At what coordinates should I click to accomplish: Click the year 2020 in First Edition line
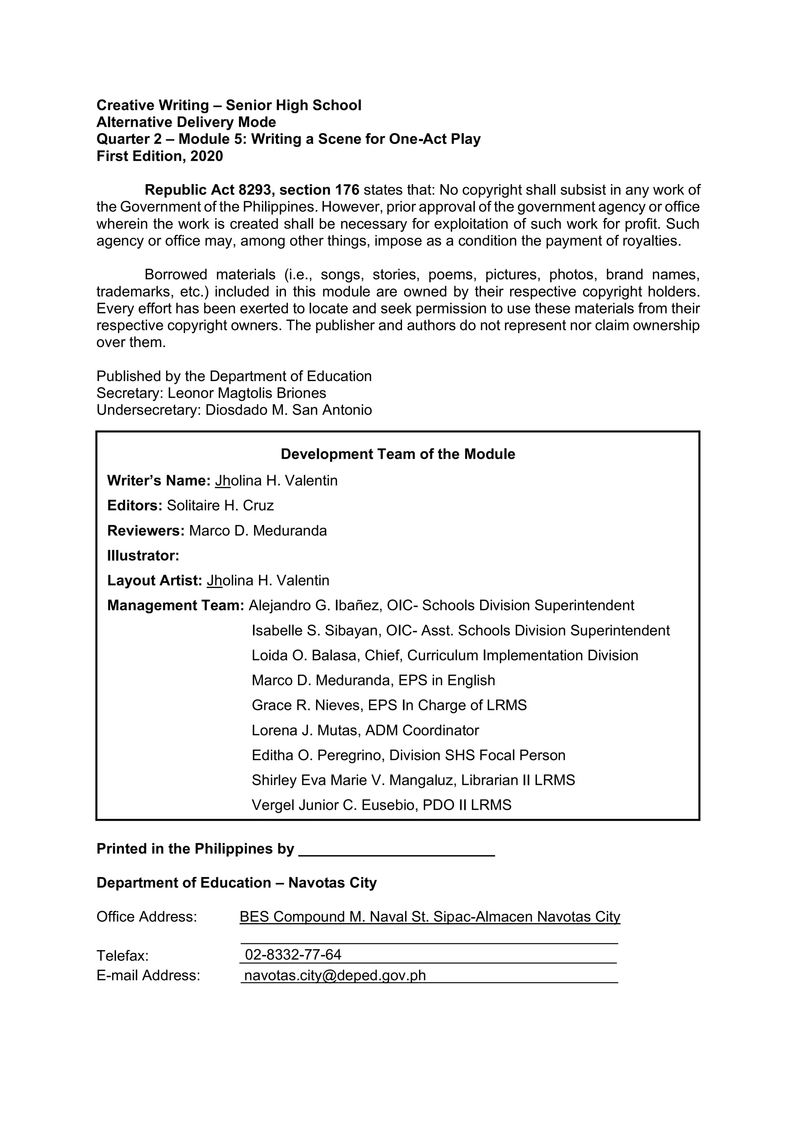pyautogui.click(x=206, y=156)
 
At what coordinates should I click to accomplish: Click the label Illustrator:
pyautogui.click(x=143, y=556)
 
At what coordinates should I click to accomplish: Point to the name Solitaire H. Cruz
pyautogui.click(x=220, y=506)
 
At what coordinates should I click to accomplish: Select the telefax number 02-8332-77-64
pyautogui.click(x=293, y=955)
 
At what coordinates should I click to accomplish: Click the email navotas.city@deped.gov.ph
pyautogui.click(x=335, y=975)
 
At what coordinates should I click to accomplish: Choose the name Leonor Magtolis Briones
pyautogui.click(x=246, y=393)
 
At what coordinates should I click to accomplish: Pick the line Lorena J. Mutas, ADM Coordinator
pyautogui.click(x=365, y=730)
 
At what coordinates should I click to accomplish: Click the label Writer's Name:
pyautogui.click(x=158, y=481)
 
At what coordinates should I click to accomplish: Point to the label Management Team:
pyautogui.click(x=175, y=606)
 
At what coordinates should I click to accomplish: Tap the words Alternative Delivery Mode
pyautogui.click(x=186, y=122)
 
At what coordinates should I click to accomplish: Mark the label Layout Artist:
pyautogui.click(x=154, y=581)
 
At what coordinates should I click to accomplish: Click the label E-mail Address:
pyautogui.click(x=148, y=975)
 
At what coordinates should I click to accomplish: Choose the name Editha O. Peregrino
pyautogui.click(x=318, y=755)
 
